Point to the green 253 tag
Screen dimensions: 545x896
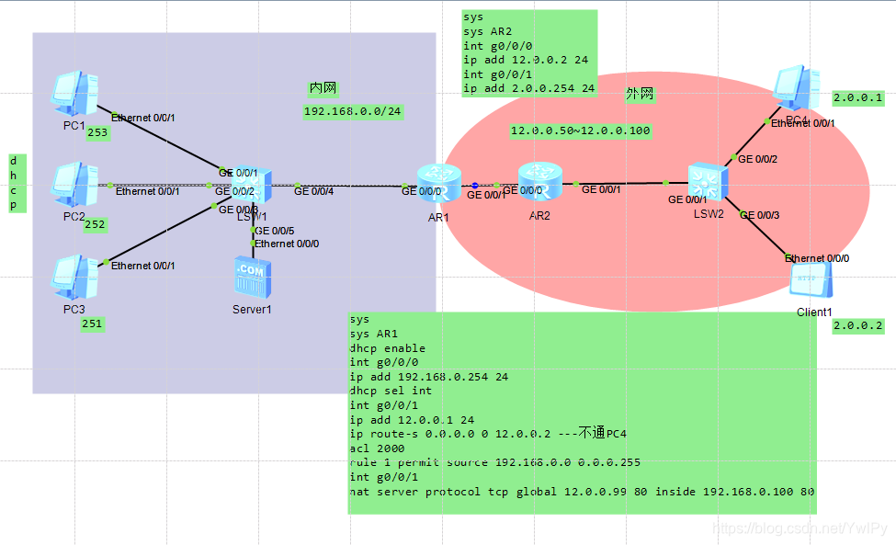pyautogui.click(x=97, y=133)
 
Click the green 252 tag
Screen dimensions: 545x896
pyautogui.click(x=96, y=224)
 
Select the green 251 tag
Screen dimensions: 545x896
pyautogui.click(x=93, y=324)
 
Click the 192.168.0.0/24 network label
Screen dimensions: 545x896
pyautogui.click(x=353, y=111)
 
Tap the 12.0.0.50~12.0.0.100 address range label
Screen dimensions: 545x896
pyautogui.click(x=580, y=131)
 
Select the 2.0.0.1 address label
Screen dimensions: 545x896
pyautogui.click(x=857, y=97)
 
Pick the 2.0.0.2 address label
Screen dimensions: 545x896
pyautogui.click(x=857, y=326)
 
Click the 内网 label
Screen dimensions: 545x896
pyautogui.click(x=323, y=88)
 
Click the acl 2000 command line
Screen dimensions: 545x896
pyautogui.click(x=374, y=448)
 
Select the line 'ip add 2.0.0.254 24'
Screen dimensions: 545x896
pyautogui.click(x=528, y=89)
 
